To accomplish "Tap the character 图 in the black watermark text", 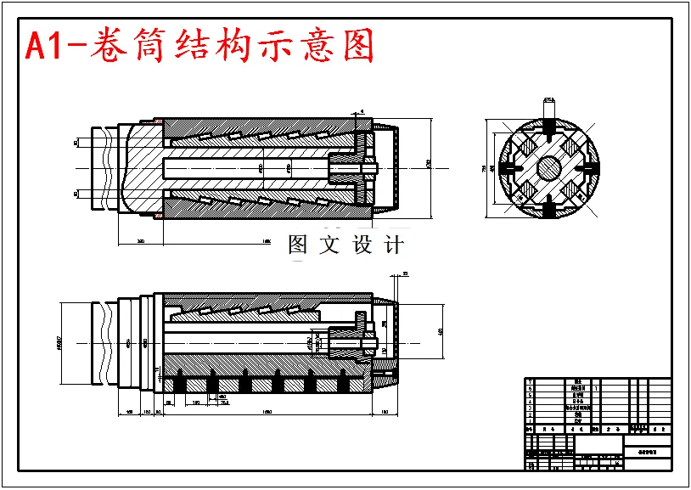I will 298,245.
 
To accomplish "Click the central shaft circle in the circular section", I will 548,168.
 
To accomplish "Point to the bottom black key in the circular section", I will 548,207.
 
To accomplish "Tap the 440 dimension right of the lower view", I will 440,332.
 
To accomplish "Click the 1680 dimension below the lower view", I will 267,412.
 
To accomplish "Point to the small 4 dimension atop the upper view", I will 362,110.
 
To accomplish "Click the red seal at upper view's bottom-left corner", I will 157,215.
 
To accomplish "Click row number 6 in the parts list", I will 530,388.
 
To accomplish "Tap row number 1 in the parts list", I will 530,420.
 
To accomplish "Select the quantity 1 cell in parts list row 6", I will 597,388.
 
